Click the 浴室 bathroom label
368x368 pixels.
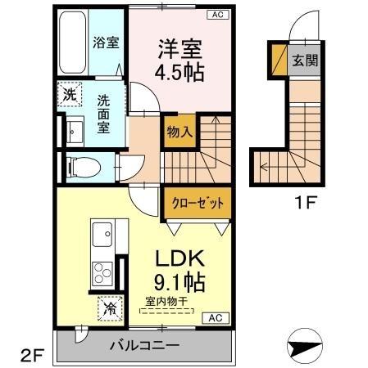pos(106,43)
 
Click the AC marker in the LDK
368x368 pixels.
pos(216,317)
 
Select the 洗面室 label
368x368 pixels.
pos(104,115)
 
